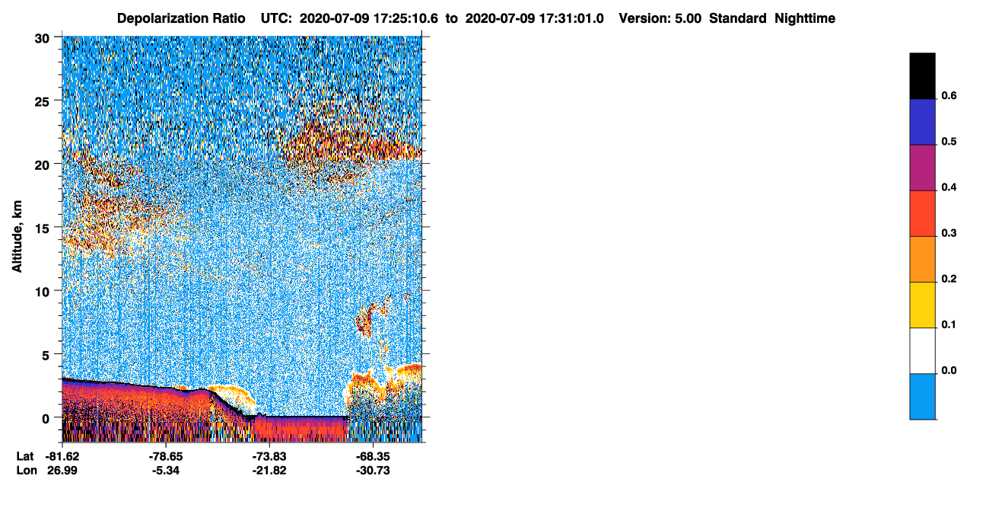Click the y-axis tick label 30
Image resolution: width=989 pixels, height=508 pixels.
(x=42, y=39)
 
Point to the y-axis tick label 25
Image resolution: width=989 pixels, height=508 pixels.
(x=42, y=102)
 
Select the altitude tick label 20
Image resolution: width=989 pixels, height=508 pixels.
(x=42, y=165)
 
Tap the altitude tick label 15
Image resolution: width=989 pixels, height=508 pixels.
(x=42, y=229)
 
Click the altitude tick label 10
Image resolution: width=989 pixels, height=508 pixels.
(x=42, y=292)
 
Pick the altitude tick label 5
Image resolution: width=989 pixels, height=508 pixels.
(x=46, y=356)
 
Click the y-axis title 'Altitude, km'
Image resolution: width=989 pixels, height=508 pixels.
(x=17, y=236)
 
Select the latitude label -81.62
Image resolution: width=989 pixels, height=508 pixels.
(x=62, y=456)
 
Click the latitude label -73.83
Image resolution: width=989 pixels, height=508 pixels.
(x=269, y=456)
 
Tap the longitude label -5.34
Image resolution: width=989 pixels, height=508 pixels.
(x=166, y=471)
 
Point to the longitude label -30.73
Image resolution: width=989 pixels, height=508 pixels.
(x=373, y=471)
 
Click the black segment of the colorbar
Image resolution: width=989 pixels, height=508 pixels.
(x=922, y=76)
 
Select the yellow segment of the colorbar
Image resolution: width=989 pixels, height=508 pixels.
(x=922, y=305)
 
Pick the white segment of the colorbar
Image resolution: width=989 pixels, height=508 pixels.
(x=922, y=350)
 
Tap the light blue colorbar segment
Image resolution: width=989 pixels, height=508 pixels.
(x=922, y=397)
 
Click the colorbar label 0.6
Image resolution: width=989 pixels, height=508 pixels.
(x=949, y=95)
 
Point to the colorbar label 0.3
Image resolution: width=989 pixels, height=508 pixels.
(x=949, y=233)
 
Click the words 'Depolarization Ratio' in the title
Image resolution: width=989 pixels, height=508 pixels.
(x=181, y=18)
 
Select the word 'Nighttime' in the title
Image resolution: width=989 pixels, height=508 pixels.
(x=805, y=18)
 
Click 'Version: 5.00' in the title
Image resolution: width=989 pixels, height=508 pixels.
(x=660, y=18)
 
